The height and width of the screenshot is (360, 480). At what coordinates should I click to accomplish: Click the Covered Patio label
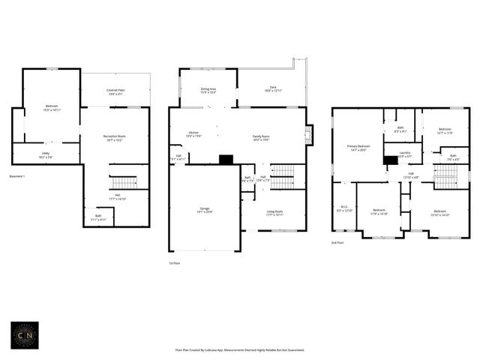click(115, 91)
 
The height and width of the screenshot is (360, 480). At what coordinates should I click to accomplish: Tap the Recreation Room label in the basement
click(114, 137)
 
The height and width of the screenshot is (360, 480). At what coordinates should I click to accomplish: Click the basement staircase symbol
click(124, 182)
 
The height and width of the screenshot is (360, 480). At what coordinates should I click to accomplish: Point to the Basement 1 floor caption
click(17, 176)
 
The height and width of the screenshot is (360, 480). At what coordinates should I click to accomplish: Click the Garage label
click(204, 209)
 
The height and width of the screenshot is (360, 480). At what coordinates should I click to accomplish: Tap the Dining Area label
click(208, 90)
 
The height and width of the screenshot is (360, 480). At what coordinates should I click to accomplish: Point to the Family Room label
click(262, 138)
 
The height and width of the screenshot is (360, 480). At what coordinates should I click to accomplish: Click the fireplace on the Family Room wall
click(309, 135)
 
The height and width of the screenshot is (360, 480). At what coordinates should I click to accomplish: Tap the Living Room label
click(274, 212)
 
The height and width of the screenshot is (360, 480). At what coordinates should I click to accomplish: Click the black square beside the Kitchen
click(226, 159)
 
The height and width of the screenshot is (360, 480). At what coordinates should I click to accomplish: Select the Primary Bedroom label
click(358, 147)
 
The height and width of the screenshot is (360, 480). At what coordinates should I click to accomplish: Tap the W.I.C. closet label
click(344, 209)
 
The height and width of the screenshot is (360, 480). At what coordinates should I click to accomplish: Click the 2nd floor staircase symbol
click(445, 175)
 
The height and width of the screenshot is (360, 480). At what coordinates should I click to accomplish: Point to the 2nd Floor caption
click(338, 243)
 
